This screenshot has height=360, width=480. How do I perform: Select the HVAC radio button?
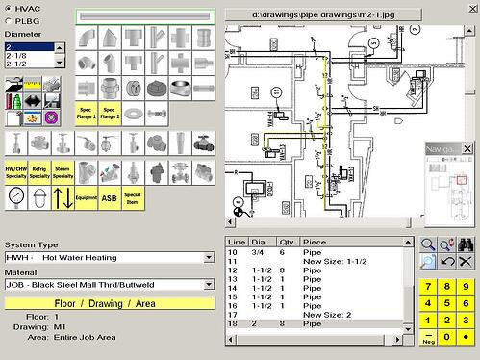coord(10,8)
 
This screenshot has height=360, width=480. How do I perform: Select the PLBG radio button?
coord(10,19)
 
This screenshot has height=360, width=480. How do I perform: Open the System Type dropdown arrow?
coord(209,257)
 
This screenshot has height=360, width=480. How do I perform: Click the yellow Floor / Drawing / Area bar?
coord(109,303)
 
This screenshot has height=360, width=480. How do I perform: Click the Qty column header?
coord(285,241)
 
